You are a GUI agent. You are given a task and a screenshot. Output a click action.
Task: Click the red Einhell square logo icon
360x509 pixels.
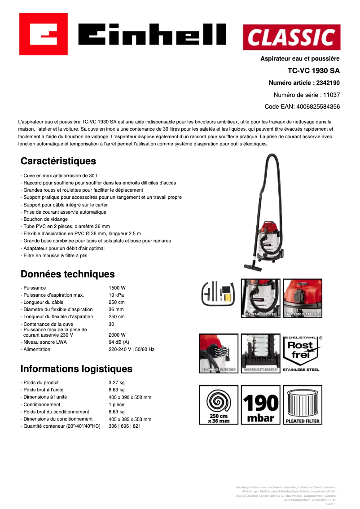[43, 34]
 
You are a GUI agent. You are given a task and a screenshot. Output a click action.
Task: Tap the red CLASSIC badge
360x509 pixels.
[291, 37]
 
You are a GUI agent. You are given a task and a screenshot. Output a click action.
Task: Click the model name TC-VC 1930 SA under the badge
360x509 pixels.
[313, 70]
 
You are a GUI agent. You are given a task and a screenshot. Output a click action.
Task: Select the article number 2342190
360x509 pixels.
[328, 83]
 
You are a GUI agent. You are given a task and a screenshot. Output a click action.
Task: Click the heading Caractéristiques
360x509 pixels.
[58, 161]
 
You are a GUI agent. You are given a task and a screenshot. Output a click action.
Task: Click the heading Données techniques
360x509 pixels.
[68, 274]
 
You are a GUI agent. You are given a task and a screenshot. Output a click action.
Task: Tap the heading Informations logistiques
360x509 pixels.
[76, 369]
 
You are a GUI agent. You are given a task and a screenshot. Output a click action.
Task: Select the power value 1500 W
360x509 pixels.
[117, 288]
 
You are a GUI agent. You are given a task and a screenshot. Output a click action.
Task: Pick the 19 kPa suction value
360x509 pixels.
[116, 295]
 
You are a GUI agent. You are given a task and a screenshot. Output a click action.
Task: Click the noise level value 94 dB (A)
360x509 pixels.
[119, 342]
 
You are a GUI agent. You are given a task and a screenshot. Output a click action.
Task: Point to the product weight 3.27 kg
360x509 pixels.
[117, 382]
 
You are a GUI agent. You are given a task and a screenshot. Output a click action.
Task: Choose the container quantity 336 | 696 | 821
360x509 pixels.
[125, 426]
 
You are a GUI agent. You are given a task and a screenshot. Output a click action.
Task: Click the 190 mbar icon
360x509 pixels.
[260, 404]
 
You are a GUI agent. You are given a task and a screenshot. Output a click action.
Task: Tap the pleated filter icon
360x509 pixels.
[303, 404]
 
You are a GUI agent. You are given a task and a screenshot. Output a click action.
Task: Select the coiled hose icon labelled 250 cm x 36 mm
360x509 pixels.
[218, 404]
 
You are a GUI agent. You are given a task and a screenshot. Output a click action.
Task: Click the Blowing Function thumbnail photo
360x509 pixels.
[218, 353]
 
